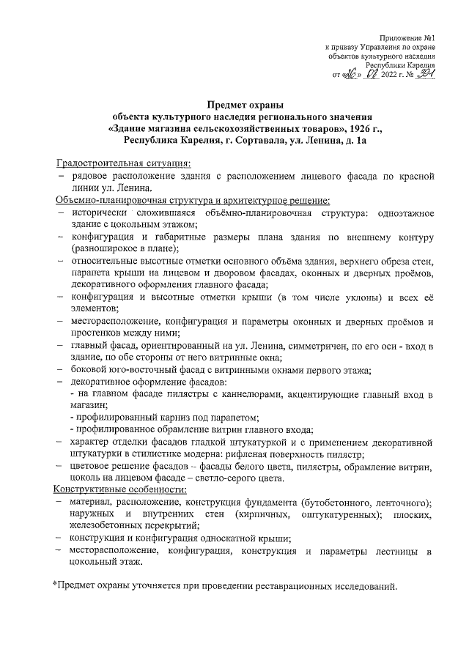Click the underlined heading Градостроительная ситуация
coord(125,162)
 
